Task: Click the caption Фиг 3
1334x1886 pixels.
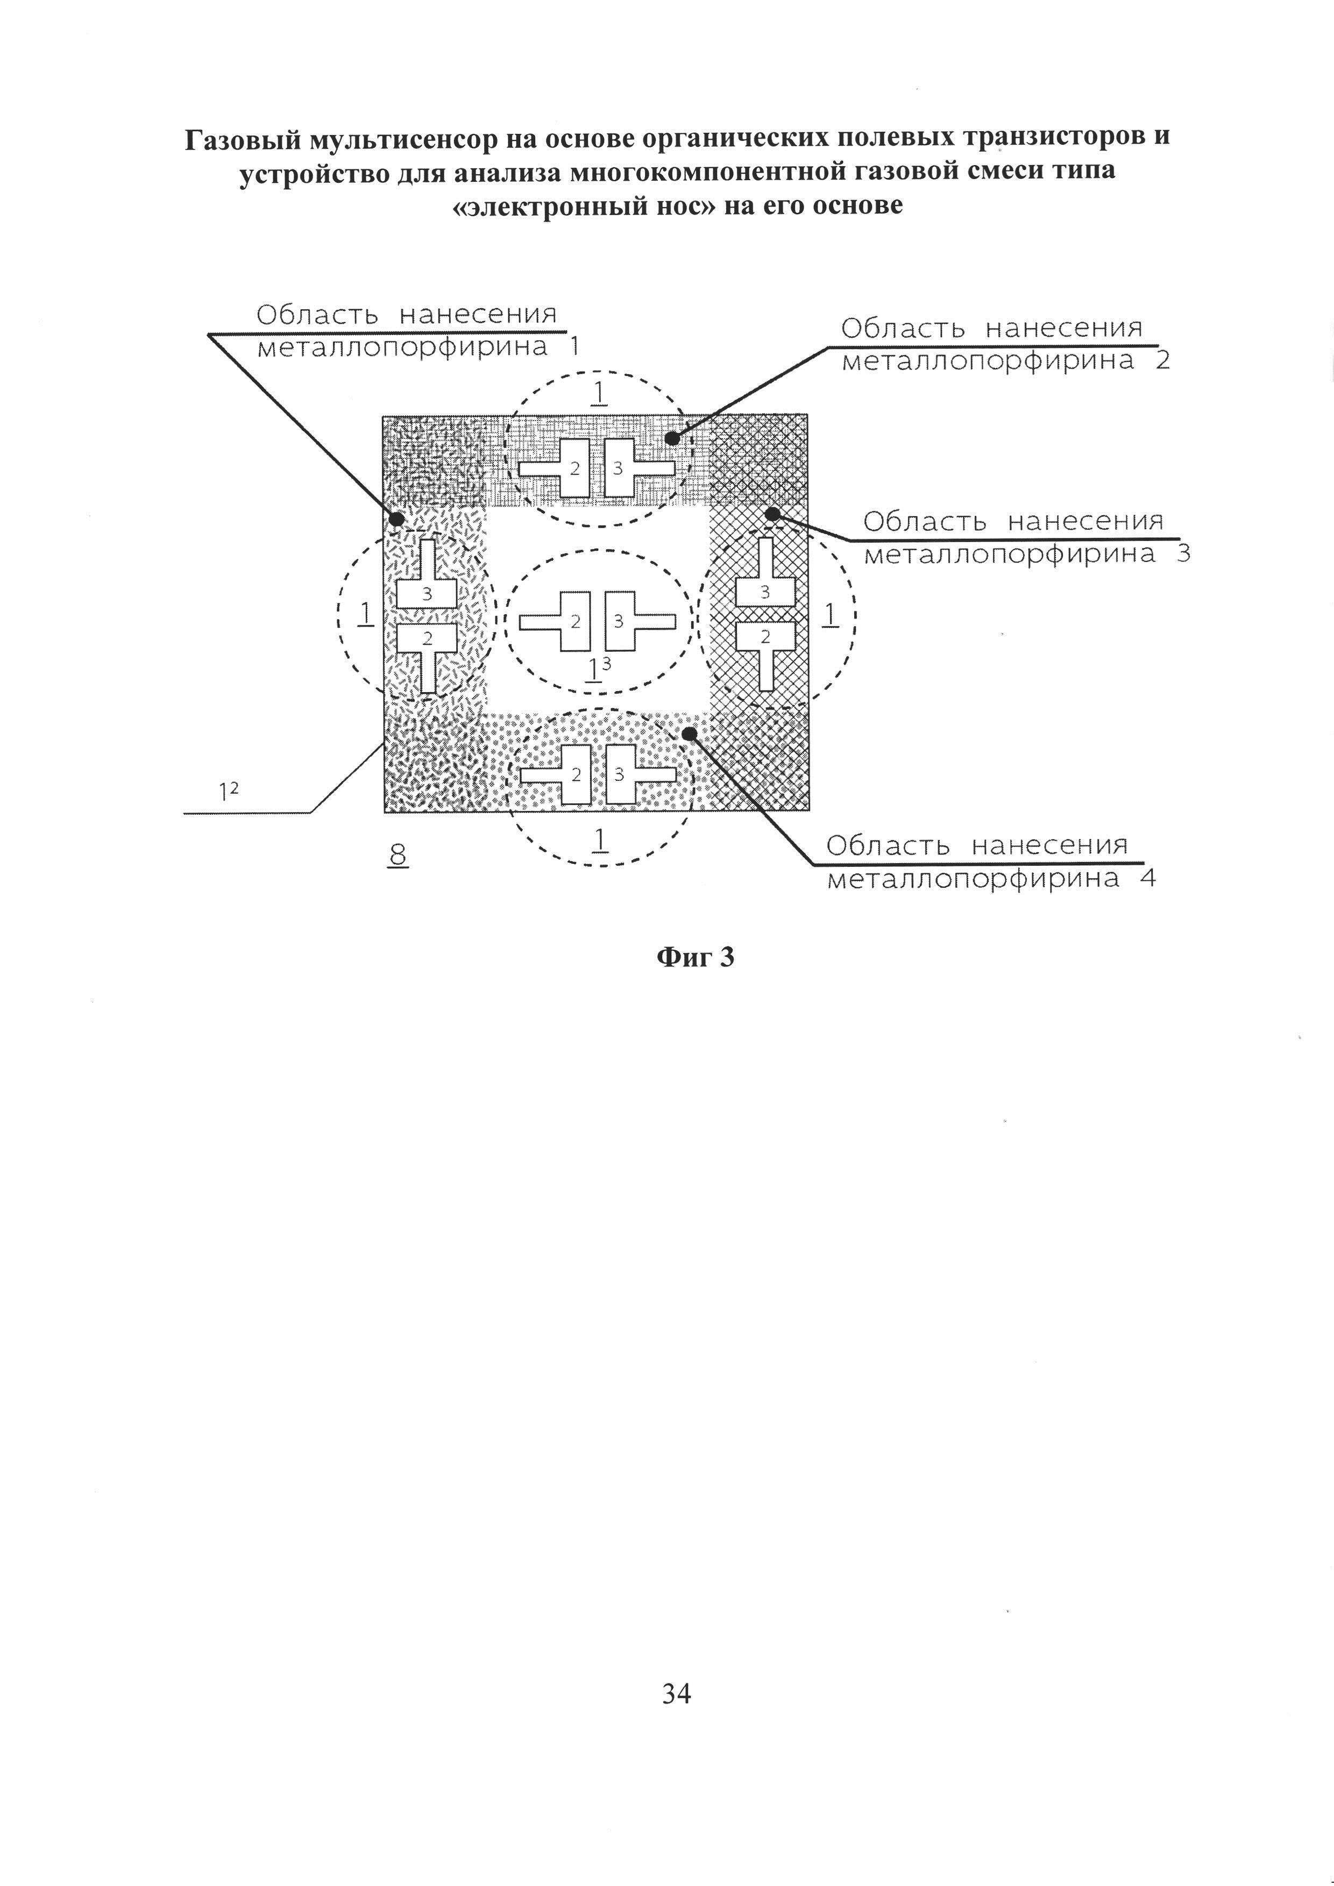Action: click(695, 957)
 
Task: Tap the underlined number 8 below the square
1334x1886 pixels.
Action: click(398, 855)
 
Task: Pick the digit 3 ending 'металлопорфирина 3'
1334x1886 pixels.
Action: click(1183, 553)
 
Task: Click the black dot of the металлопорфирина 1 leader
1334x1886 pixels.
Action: click(396, 519)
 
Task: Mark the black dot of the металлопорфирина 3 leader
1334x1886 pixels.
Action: click(772, 514)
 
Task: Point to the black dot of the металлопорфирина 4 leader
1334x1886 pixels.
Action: click(690, 732)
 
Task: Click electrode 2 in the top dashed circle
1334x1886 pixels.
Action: click(575, 468)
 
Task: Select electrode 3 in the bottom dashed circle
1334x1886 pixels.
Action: click(619, 774)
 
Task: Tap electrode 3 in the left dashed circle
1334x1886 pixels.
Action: click(427, 593)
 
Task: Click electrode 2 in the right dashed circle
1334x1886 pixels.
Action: click(765, 636)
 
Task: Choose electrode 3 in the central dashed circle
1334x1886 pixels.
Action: click(619, 621)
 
